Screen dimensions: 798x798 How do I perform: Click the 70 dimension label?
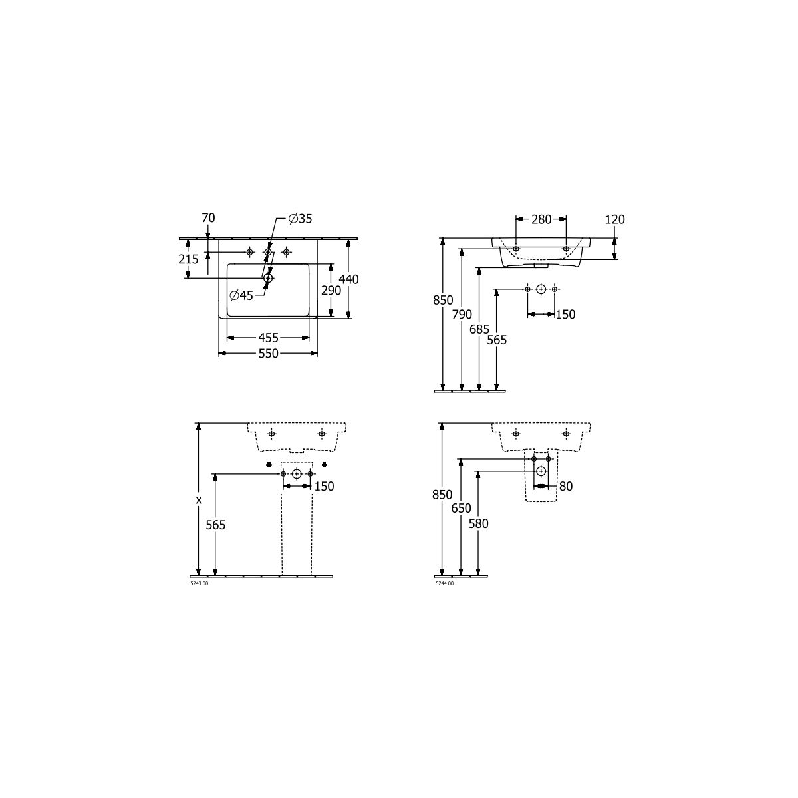coord(208,218)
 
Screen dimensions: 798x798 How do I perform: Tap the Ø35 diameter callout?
coord(300,219)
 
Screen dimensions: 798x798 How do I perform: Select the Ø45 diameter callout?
coord(241,295)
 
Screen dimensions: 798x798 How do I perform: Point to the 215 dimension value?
coord(188,259)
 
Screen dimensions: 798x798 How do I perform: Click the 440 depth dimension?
coord(348,279)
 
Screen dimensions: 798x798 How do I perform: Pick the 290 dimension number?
coord(331,291)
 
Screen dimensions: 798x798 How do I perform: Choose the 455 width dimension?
coord(269,338)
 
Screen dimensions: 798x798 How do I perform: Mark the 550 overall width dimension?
coord(269,353)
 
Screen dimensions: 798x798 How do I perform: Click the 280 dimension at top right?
coord(541,219)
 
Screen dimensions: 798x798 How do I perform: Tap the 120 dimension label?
coord(615,219)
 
